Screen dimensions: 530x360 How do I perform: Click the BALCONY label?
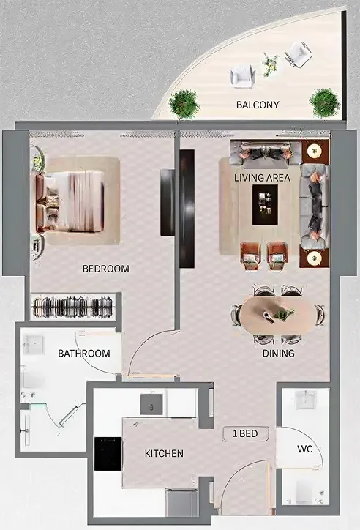(x=258, y=105)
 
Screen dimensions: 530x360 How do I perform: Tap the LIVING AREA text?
(x=262, y=178)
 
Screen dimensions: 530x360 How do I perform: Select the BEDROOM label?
(x=105, y=269)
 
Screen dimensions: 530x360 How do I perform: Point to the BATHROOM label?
(x=84, y=353)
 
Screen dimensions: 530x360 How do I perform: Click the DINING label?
(x=278, y=354)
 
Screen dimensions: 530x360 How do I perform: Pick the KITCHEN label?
(x=164, y=454)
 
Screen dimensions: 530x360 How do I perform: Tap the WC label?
(x=305, y=449)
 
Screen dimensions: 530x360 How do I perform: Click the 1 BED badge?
(x=245, y=433)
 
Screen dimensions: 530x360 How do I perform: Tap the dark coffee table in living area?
(x=265, y=204)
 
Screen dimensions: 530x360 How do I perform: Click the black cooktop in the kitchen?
(x=108, y=453)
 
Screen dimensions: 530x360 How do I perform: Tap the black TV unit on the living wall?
(x=187, y=209)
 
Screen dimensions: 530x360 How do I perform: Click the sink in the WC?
(x=305, y=400)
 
